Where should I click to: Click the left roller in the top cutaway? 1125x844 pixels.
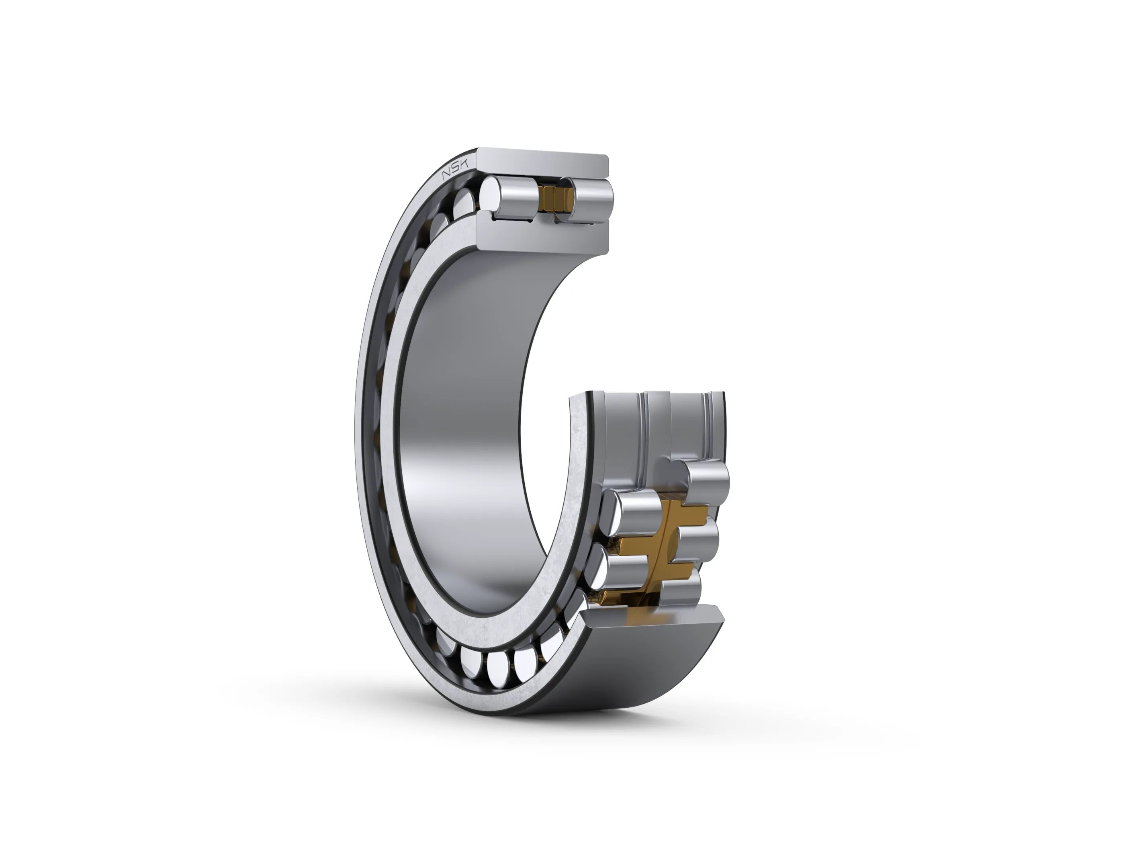[508, 199]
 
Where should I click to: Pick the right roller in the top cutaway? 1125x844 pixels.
[585, 199]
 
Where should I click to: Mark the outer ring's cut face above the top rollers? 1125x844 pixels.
[543, 164]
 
